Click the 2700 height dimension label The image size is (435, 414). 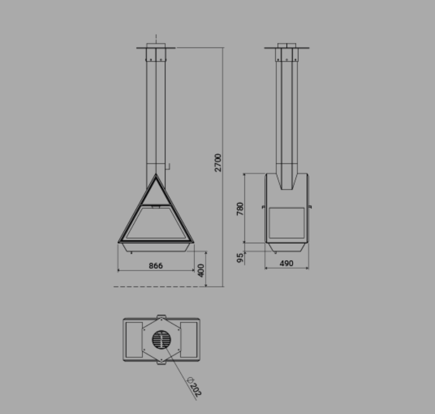[218, 162]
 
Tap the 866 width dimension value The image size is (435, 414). [156, 266]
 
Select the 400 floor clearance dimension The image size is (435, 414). [201, 271]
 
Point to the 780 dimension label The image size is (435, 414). [240, 208]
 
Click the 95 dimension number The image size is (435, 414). [240, 257]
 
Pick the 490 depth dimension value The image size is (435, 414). [286, 263]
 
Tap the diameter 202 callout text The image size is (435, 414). [194, 386]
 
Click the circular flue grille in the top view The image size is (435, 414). [162, 340]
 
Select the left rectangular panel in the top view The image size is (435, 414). [134, 340]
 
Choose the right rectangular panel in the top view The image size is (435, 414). [189, 340]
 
